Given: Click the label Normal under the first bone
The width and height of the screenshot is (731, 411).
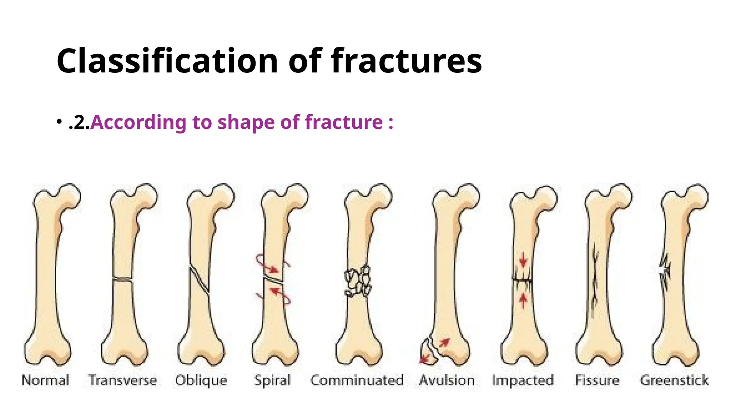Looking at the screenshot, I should [x=45, y=380].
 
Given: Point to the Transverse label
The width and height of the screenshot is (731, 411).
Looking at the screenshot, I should [x=122, y=380].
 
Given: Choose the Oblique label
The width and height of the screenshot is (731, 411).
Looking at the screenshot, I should [x=201, y=380].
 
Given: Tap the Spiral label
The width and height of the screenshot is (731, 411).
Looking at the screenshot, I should [x=272, y=380].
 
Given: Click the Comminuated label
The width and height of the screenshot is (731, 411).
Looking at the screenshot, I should [x=357, y=380].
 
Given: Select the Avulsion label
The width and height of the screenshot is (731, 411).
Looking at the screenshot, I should [x=447, y=380].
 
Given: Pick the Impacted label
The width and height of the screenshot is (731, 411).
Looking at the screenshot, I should [x=523, y=380].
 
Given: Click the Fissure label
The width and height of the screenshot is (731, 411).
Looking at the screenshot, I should [x=597, y=380].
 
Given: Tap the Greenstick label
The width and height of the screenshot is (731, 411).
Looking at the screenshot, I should [x=674, y=380].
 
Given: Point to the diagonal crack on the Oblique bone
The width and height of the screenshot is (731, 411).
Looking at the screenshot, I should [x=199, y=280].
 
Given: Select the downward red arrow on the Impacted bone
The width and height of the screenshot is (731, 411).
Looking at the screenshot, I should [x=523, y=260].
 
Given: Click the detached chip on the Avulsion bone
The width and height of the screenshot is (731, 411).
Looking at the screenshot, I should [x=428, y=353].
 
